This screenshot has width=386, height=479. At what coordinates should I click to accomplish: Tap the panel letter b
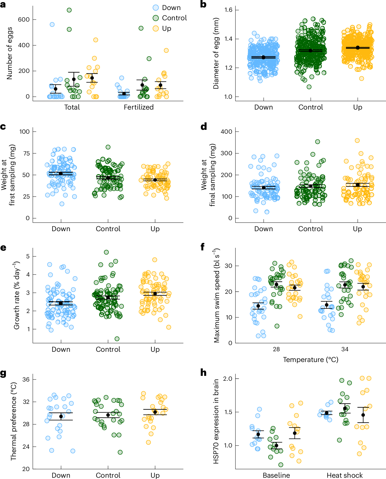coord(203,4)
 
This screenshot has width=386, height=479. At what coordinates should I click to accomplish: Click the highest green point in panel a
coord(69,10)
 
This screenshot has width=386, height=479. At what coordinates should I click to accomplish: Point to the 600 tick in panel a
coord(24,19)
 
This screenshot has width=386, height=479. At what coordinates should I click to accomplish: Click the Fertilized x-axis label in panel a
coord(139,107)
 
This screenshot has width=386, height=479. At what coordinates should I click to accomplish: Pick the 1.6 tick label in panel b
coord(228,10)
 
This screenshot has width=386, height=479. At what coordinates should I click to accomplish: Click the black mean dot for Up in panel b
coord(358,48)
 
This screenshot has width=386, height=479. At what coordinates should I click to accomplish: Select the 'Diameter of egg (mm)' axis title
coord(216,53)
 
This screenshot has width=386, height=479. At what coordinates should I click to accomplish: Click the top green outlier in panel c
coord(108,147)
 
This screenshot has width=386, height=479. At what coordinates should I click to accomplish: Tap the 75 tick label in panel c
coord(24,153)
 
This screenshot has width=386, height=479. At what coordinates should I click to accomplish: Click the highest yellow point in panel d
coord(357,141)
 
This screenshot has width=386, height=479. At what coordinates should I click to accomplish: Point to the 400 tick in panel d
coord(226,132)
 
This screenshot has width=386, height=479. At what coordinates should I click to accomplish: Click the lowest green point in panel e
coord(117,339)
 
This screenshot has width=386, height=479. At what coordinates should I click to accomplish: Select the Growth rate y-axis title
coord(17,295)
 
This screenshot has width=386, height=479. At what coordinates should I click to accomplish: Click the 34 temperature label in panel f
coord(345,349)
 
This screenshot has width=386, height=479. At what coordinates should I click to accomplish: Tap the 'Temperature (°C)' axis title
coord(310,360)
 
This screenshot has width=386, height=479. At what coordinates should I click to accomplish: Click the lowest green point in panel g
coord(120,452)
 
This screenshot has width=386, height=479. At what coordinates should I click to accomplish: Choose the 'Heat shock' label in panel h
coord(345,475)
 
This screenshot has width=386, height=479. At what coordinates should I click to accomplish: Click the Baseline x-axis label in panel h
coord(276,475)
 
